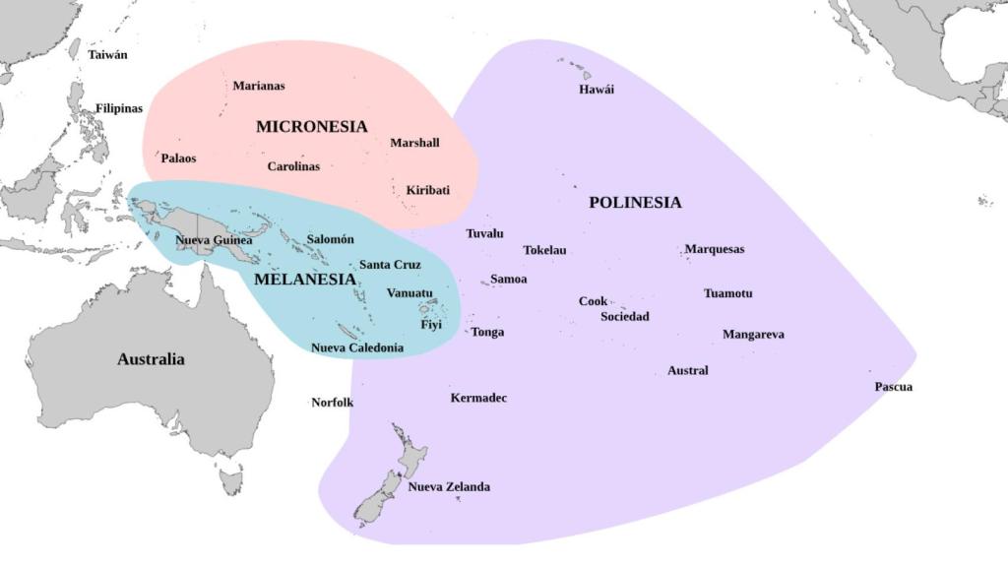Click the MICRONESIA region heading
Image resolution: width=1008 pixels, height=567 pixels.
pyautogui.click(x=311, y=127)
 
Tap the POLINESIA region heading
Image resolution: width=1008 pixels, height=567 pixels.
pyautogui.click(x=635, y=203)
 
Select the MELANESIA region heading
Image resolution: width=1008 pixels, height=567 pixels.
pyautogui.click(x=304, y=280)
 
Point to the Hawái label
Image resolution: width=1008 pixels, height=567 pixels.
pyautogui.click(x=597, y=90)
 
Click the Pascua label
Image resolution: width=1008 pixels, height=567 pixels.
pyautogui.click(x=894, y=387)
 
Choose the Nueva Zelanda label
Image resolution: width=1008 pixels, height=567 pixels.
pyautogui.click(x=449, y=487)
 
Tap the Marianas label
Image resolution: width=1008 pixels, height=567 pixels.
pyautogui.click(x=259, y=86)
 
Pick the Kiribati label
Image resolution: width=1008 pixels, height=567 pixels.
pyautogui.click(x=428, y=190)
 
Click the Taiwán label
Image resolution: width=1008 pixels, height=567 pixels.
pyautogui.click(x=108, y=55)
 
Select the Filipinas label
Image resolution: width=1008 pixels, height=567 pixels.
pyautogui.click(x=119, y=108)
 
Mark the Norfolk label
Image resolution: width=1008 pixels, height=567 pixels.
pyautogui.click(x=333, y=403)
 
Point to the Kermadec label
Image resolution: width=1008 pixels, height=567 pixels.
pyautogui.click(x=478, y=399)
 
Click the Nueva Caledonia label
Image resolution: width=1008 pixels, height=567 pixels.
pyautogui.click(x=357, y=347)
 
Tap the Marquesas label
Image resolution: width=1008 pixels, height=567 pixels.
pyautogui.click(x=715, y=249)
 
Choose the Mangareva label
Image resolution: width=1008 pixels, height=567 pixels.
pyautogui.click(x=753, y=335)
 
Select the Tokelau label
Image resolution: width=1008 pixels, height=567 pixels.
pyautogui.click(x=544, y=250)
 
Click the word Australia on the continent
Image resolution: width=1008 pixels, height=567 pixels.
pyautogui.click(x=151, y=359)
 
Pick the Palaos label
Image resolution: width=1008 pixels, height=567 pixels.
pyautogui.click(x=179, y=158)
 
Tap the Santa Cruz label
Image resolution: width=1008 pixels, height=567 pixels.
pyautogui.click(x=390, y=265)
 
